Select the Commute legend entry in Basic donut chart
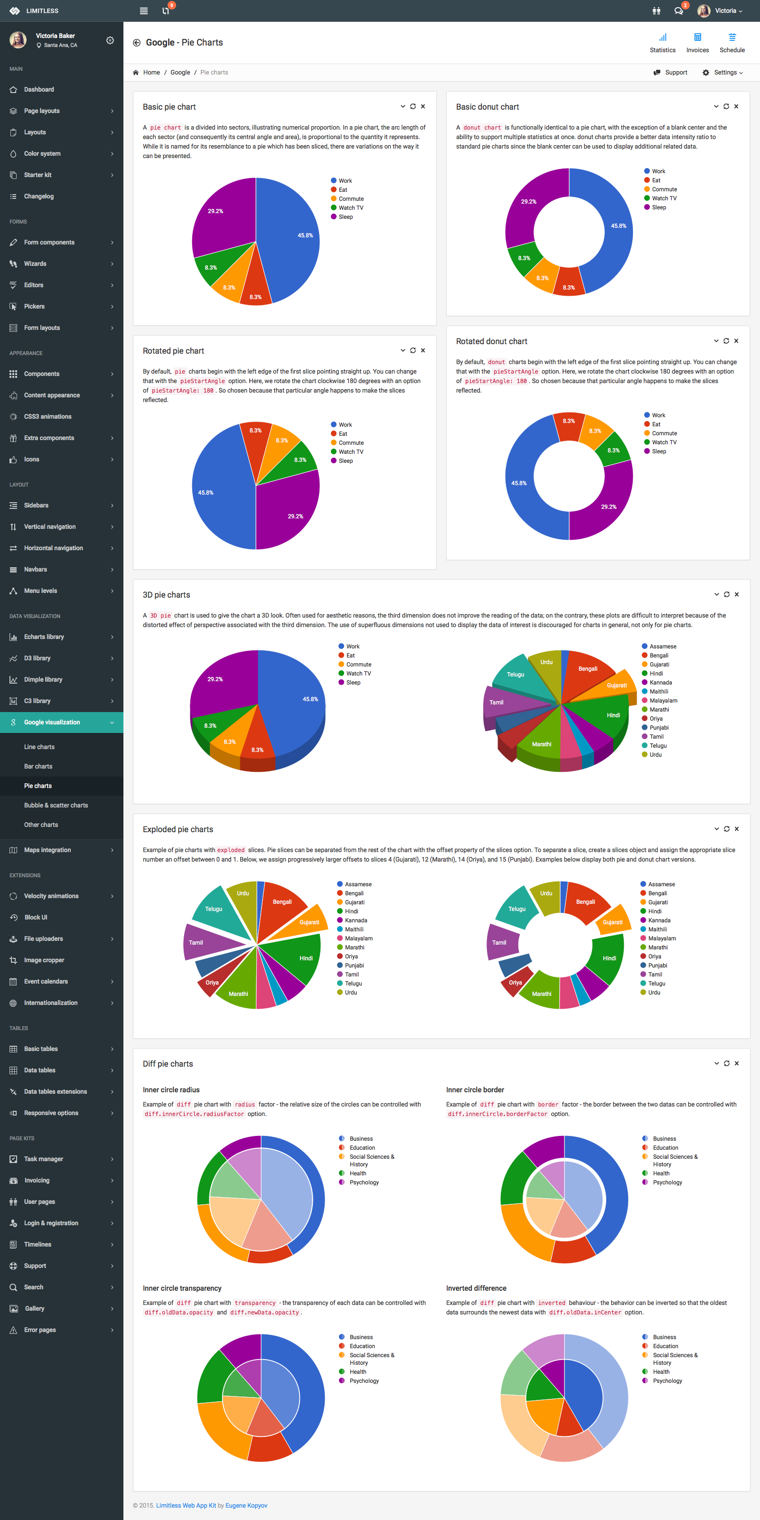[x=664, y=189]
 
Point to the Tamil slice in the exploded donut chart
[x=503, y=942]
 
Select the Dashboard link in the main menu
[x=39, y=90]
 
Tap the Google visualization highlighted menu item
[x=52, y=722]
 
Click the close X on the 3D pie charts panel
[x=736, y=594]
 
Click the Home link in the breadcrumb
[x=151, y=73]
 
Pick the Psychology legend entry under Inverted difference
[x=667, y=1381]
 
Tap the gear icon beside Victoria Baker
[x=110, y=40]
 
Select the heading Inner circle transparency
[x=182, y=1288]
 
